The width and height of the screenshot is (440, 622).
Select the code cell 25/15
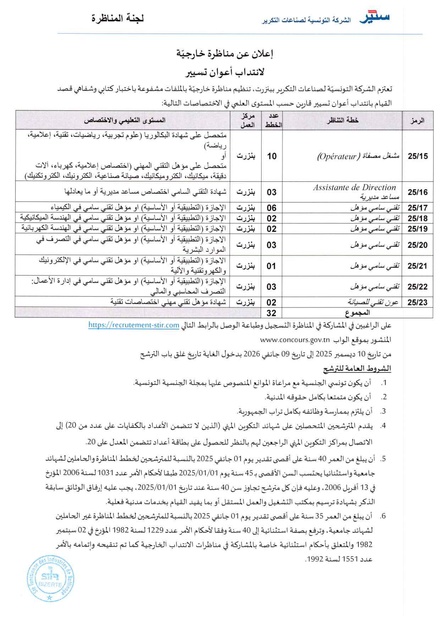(x=417, y=156)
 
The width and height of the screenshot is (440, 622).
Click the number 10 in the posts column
(x=272, y=156)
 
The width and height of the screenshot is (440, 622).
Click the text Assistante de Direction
(x=354, y=188)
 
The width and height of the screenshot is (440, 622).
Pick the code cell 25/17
(x=417, y=208)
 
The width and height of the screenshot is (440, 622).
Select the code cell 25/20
(x=417, y=245)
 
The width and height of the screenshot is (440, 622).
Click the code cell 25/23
(x=417, y=302)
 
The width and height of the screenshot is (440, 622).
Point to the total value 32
(x=271, y=313)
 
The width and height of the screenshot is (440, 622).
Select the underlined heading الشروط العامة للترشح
(x=357, y=369)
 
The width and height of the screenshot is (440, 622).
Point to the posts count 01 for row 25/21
(x=271, y=266)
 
